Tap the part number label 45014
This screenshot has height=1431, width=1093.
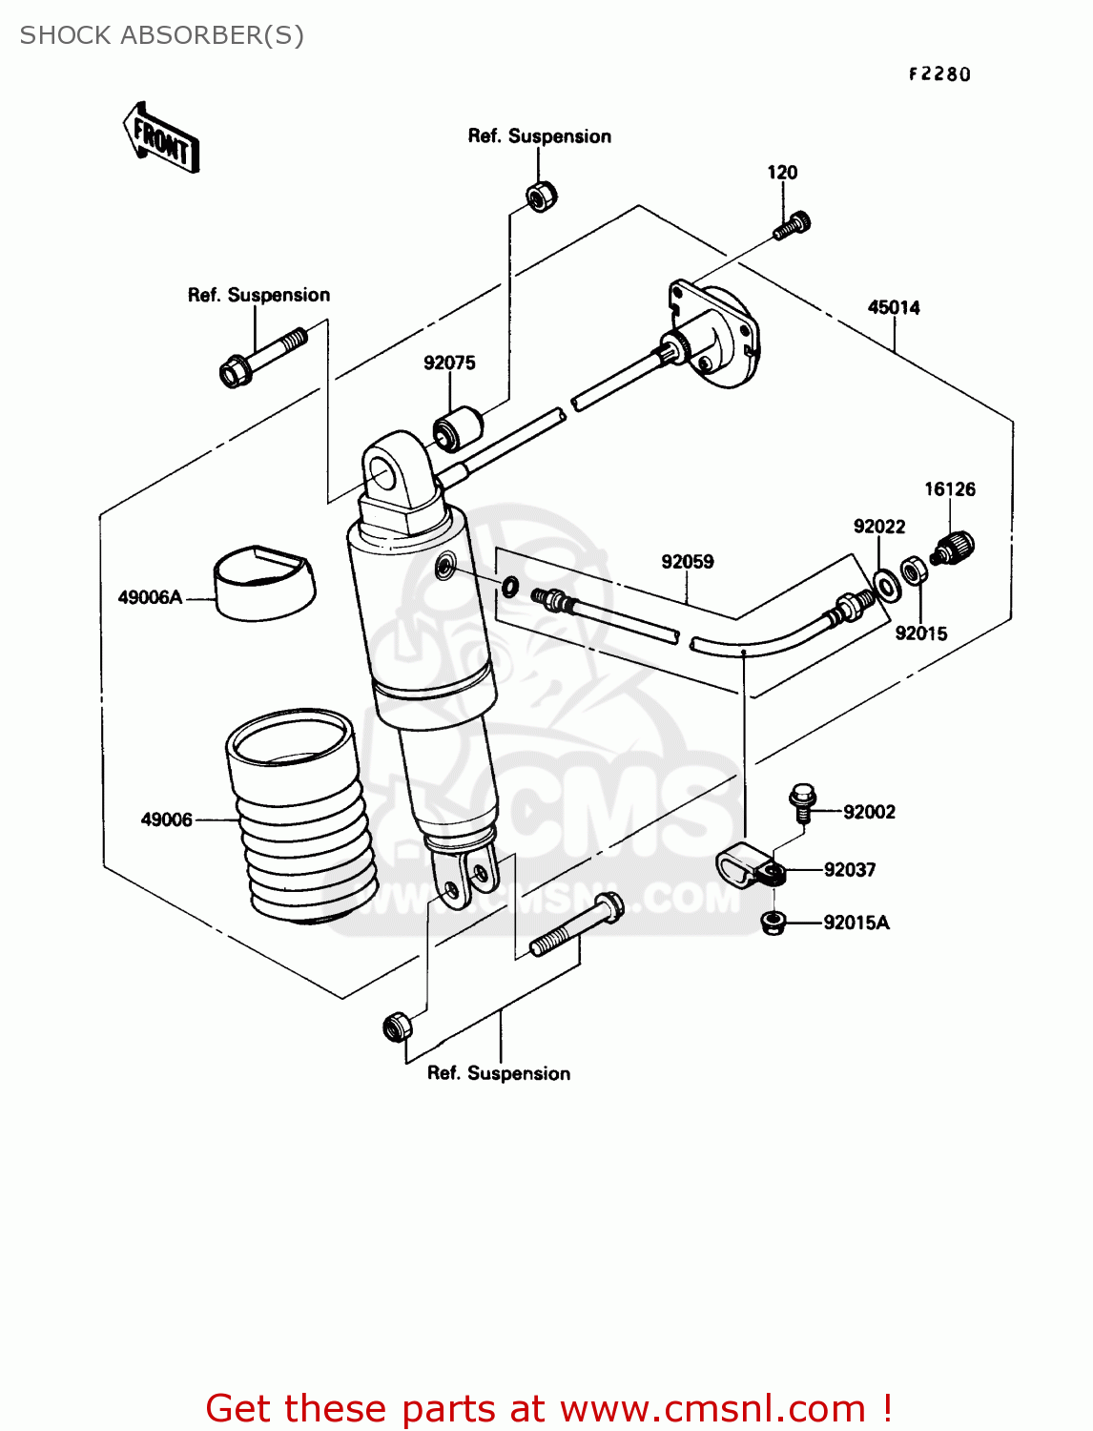click(894, 307)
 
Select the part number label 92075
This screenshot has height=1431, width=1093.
click(449, 363)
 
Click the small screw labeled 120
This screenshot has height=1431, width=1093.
click(793, 226)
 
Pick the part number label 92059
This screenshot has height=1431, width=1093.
click(688, 561)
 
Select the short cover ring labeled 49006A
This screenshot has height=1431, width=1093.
click(263, 582)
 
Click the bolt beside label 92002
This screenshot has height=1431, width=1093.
click(803, 801)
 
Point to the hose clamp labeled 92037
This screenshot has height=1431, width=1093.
click(750, 867)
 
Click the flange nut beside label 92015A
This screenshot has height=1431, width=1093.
click(773, 922)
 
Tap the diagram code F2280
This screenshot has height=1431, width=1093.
click(938, 74)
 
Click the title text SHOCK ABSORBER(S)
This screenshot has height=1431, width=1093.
click(162, 35)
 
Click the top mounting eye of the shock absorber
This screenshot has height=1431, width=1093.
click(390, 471)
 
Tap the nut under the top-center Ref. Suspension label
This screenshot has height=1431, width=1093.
click(542, 196)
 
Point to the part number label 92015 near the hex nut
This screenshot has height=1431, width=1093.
click(921, 633)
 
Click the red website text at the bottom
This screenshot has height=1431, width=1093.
click(548, 1408)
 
